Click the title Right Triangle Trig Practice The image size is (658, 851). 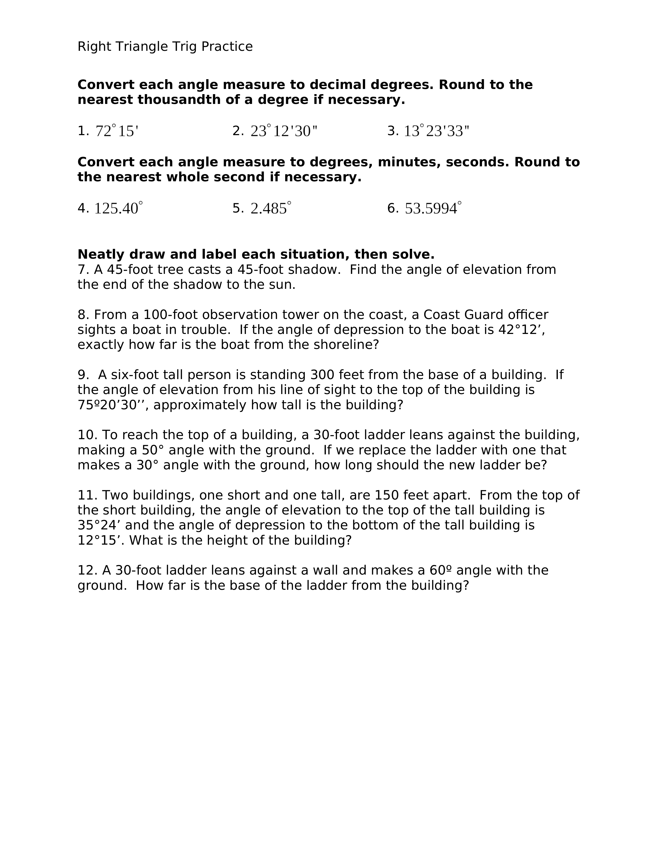[165, 47]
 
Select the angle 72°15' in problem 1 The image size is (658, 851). [117, 131]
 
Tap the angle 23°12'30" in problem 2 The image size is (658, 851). [284, 131]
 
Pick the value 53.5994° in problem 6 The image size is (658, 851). [433, 208]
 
